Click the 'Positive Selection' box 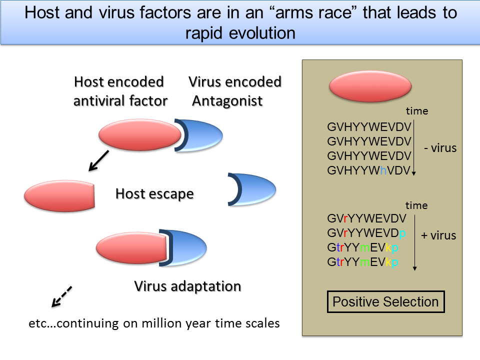click(385, 302)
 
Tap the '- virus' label click(440, 148)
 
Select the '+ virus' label click(438, 235)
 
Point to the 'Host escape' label click(154, 193)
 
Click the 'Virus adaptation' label click(187, 286)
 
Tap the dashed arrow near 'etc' click(62, 296)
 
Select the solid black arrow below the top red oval click(99, 160)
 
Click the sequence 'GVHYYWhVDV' click(369, 170)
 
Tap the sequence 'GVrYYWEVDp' click(367, 233)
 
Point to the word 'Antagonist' click(227, 101)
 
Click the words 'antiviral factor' click(120, 101)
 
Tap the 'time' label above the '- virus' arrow click(416, 111)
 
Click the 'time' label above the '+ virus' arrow click(416, 205)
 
